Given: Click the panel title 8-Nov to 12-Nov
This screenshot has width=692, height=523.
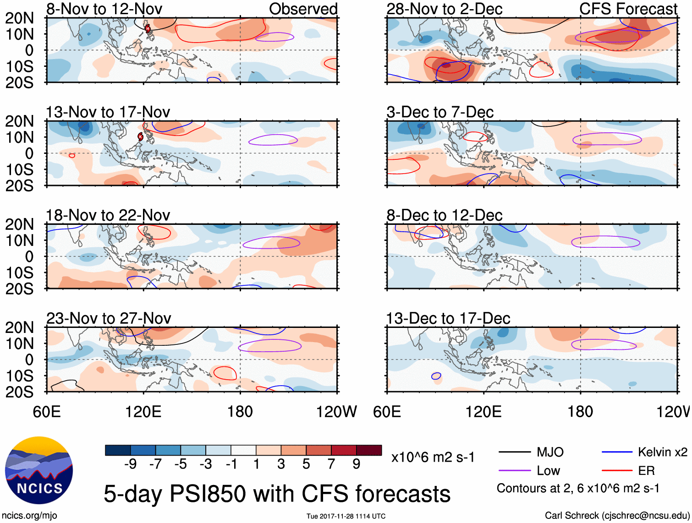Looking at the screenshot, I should pyautogui.click(x=104, y=9).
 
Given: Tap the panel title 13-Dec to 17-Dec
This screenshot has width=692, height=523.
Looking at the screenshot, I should pyautogui.click(x=448, y=318).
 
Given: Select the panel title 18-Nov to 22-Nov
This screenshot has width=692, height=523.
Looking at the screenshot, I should pyautogui.click(x=108, y=215).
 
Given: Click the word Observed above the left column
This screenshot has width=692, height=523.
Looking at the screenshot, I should pyautogui.click(x=303, y=9).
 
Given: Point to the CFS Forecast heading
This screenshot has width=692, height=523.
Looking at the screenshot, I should pyautogui.click(x=628, y=9).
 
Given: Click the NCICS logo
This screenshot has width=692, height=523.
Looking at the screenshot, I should pyautogui.click(x=39, y=470).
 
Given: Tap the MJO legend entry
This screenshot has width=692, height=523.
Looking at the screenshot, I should pyautogui.click(x=550, y=452).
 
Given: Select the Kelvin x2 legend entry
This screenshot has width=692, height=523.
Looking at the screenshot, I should pyautogui.click(x=662, y=452).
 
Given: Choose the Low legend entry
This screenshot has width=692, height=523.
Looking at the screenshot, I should pyautogui.click(x=548, y=471).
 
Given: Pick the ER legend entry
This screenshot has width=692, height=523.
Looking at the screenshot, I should pyautogui.click(x=646, y=471).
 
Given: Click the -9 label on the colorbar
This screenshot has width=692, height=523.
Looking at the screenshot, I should pyautogui.click(x=130, y=464).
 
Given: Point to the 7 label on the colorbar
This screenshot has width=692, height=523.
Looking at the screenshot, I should pyautogui.click(x=331, y=464).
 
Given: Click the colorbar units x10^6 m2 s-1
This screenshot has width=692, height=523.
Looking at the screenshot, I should pyautogui.click(x=433, y=458).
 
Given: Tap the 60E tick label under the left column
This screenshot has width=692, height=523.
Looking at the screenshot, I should pyautogui.click(x=47, y=412).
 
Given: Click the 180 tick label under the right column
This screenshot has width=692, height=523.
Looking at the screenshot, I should pyautogui.click(x=580, y=412).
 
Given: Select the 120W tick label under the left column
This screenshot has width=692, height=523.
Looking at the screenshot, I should pyautogui.click(x=336, y=412).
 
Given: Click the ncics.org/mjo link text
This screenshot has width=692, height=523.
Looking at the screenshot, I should pyautogui.click(x=29, y=516).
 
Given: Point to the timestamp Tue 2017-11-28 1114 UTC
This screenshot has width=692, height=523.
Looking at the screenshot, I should pyautogui.click(x=346, y=516).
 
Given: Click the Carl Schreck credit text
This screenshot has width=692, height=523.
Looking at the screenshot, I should pyautogui.click(x=617, y=516).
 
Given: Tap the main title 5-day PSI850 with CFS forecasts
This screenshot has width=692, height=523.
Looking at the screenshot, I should pyautogui.click(x=277, y=494).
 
